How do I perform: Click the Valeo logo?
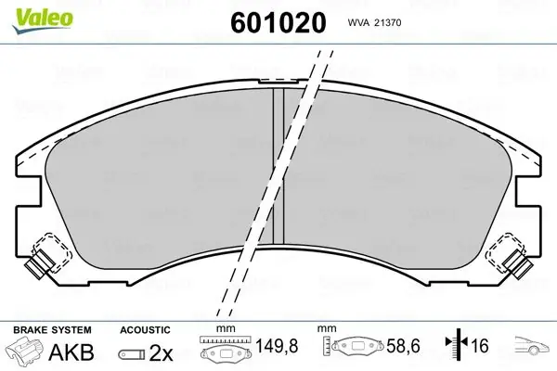click(x=43, y=20)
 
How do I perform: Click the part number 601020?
click(x=278, y=22)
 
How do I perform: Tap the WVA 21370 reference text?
click(x=374, y=23)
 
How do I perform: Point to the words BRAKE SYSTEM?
click(x=52, y=330)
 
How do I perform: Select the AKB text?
click(x=71, y=352)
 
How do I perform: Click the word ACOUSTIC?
click(x=145, y=330)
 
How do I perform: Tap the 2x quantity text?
click(x=161, y=352)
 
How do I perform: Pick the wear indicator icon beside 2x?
click(x=132, y=354)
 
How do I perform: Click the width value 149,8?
click(x=277, y=345)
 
